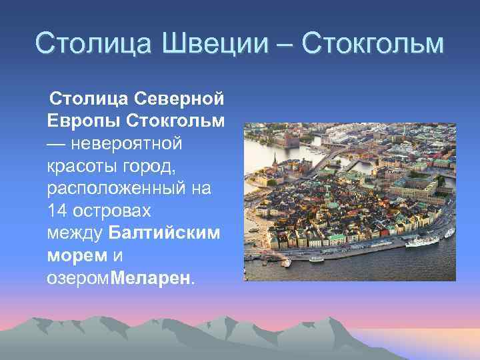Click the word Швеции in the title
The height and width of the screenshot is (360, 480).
(x=210, y=44)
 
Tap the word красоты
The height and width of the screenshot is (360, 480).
(x=77, y=166)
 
